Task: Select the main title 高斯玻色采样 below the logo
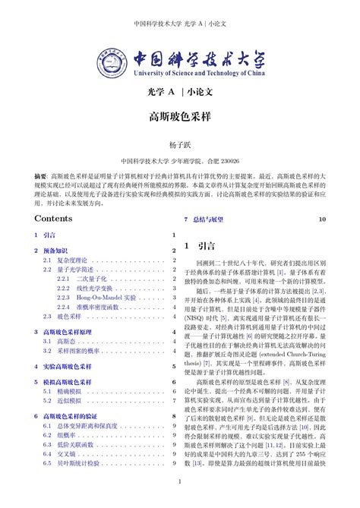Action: click(x=179, y=118)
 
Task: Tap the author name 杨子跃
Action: click(x=179, y=144)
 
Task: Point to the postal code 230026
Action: click(x=227, y=161)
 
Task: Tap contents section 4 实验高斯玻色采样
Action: click(x=68, y=366)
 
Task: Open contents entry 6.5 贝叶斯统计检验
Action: click(x=79, y=462)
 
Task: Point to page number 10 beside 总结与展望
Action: click(x=322, y=219)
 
